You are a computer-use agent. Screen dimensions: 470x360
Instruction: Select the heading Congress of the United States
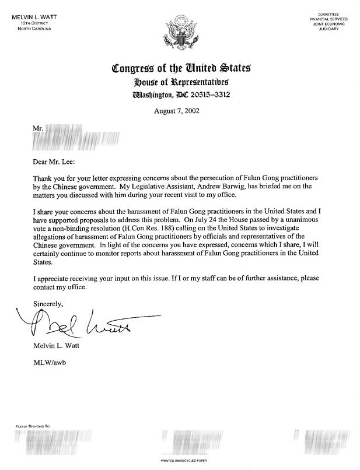(x=180, y=69)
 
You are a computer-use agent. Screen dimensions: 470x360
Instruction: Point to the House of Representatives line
(x=180, y=82)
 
